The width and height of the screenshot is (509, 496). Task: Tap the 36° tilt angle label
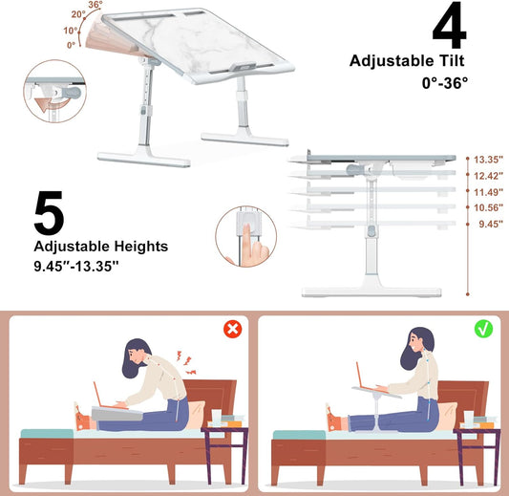[x=94, y=6]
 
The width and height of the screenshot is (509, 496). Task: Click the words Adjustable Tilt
[x=406, y=61]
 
